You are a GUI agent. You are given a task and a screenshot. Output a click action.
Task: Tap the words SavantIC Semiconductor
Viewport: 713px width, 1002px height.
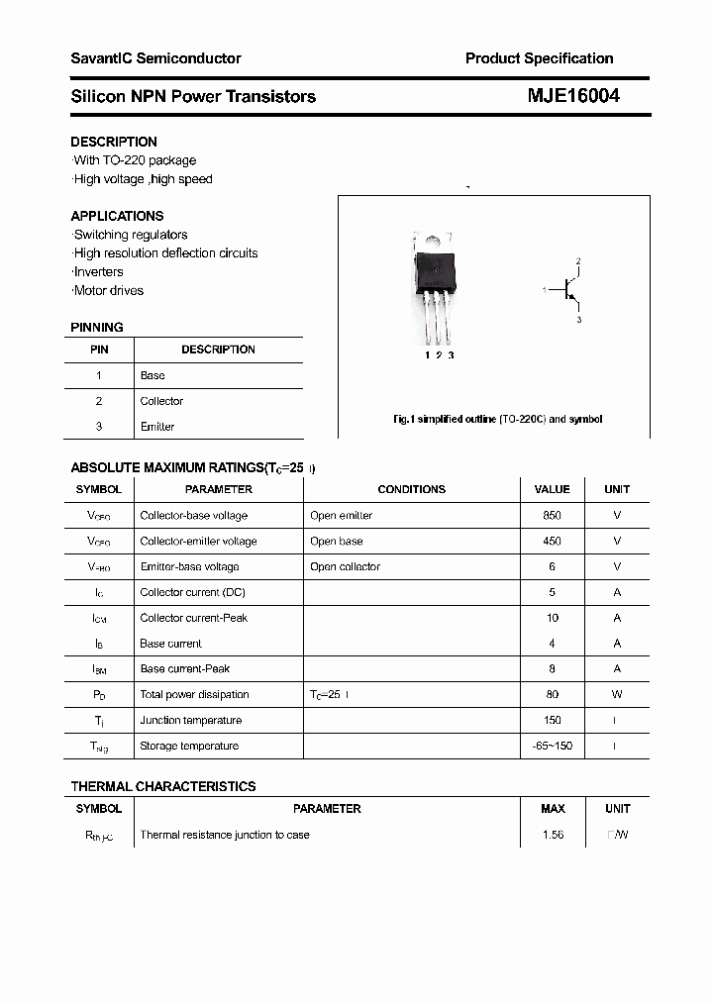(155, 58)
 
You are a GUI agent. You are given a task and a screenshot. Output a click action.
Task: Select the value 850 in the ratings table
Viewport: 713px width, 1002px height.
(552, 516)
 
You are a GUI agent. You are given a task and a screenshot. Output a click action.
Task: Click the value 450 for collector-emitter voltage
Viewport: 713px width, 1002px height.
(552, 542)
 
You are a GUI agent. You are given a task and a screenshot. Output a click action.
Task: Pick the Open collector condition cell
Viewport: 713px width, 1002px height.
(345, 567)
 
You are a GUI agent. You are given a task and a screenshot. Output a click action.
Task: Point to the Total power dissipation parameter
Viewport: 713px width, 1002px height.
(194, 695)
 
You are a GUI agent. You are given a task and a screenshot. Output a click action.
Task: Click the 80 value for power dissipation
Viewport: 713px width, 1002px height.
(552, 695)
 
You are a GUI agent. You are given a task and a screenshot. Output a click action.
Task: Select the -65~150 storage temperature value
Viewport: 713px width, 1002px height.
(552, 747)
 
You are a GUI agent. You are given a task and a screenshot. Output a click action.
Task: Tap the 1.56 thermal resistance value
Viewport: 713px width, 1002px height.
(553, 835)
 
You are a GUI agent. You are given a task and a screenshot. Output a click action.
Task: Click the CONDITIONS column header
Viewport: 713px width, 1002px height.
(412, 489)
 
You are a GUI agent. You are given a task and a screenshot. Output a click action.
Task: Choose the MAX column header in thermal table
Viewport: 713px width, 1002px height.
(553, 809)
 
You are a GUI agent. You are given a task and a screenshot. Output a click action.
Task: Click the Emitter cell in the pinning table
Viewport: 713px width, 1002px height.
(157, 427)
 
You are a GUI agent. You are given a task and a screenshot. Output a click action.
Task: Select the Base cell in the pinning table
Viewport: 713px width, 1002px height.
(153, 375)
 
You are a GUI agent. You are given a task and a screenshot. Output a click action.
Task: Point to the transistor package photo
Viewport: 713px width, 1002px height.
(436, 287)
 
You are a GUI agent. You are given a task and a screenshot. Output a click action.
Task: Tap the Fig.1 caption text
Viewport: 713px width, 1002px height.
(497, 419)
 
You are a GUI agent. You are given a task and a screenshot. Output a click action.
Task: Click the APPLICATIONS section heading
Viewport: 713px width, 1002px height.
(117, 216)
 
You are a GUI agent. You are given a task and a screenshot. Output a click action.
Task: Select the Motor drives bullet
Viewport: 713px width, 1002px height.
(108, 291)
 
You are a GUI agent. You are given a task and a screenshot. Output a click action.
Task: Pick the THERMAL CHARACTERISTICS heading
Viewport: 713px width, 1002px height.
(163, 786)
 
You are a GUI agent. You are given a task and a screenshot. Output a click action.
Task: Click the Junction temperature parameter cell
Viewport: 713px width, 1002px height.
(190, 721)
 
